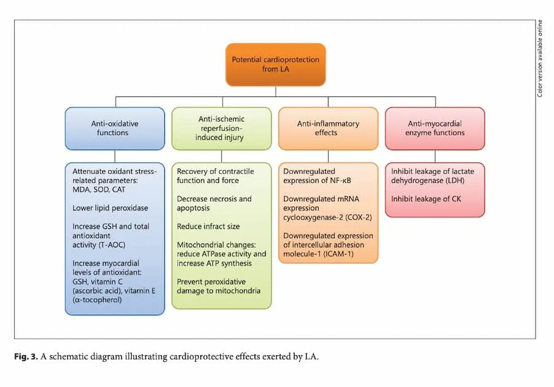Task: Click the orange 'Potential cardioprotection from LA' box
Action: [x=275, y=64]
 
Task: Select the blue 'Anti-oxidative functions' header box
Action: [x=115, y=128]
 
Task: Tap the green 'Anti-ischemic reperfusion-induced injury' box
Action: [x=221, y=128]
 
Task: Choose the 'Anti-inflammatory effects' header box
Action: [x=328, y=128]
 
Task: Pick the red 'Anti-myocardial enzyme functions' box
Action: [x=435, y=128]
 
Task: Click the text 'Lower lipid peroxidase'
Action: [x=110, y=208]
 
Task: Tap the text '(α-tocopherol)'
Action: [x=98, y=299]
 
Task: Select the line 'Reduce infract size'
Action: [x=208, y=226]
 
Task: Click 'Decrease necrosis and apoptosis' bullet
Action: [x=214, y=203]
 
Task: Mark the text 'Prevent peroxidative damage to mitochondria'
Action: [x=219, y=286]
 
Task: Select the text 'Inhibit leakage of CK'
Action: [x=426, y=199]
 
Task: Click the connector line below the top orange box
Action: [x=275, y=91]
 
